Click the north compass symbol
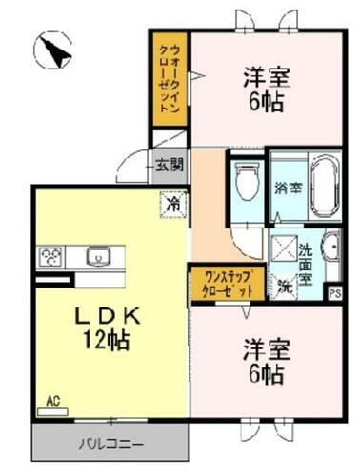53,49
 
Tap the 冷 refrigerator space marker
172,203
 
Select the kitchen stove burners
50,257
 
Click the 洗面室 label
306,265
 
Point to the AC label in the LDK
53,402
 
